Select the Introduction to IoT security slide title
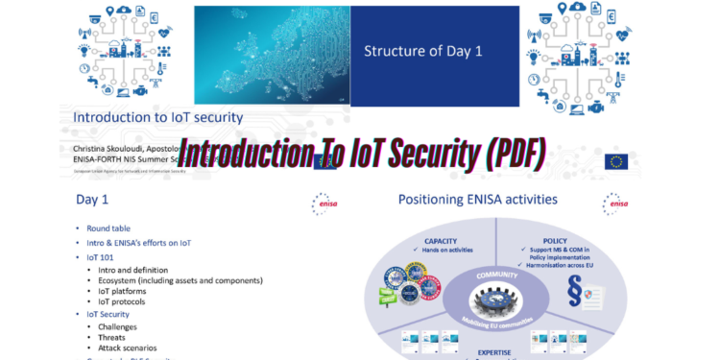tap(158, 118)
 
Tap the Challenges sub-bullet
tap(117, 326)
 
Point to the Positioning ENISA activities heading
tap(477, 200)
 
